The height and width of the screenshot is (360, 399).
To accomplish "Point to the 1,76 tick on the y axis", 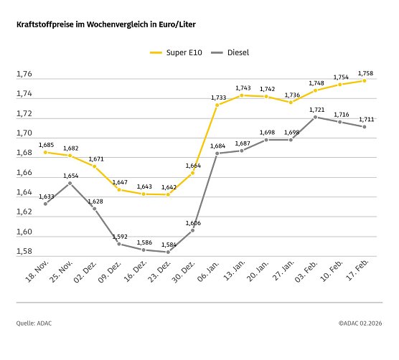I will [x=25, y=75].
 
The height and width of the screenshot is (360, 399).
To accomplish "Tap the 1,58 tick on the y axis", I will [x=25, y=252].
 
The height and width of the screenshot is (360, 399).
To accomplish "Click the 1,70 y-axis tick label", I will [x=25, y=133].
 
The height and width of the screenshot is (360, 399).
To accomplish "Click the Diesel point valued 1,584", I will [x=168, y=252].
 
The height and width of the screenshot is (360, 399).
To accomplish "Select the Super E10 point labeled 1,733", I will [x=217, y=105].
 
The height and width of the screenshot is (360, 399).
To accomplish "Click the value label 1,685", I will [x=45, y=144].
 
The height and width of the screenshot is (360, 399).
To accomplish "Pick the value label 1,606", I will [x=193, y=223].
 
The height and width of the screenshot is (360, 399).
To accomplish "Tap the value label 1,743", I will [x=242, y=87].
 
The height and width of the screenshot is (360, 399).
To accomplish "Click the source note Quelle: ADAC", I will [x=34, y=323].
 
